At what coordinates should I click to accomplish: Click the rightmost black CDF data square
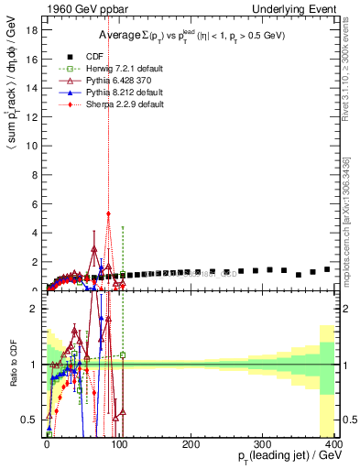coord(327,269)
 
